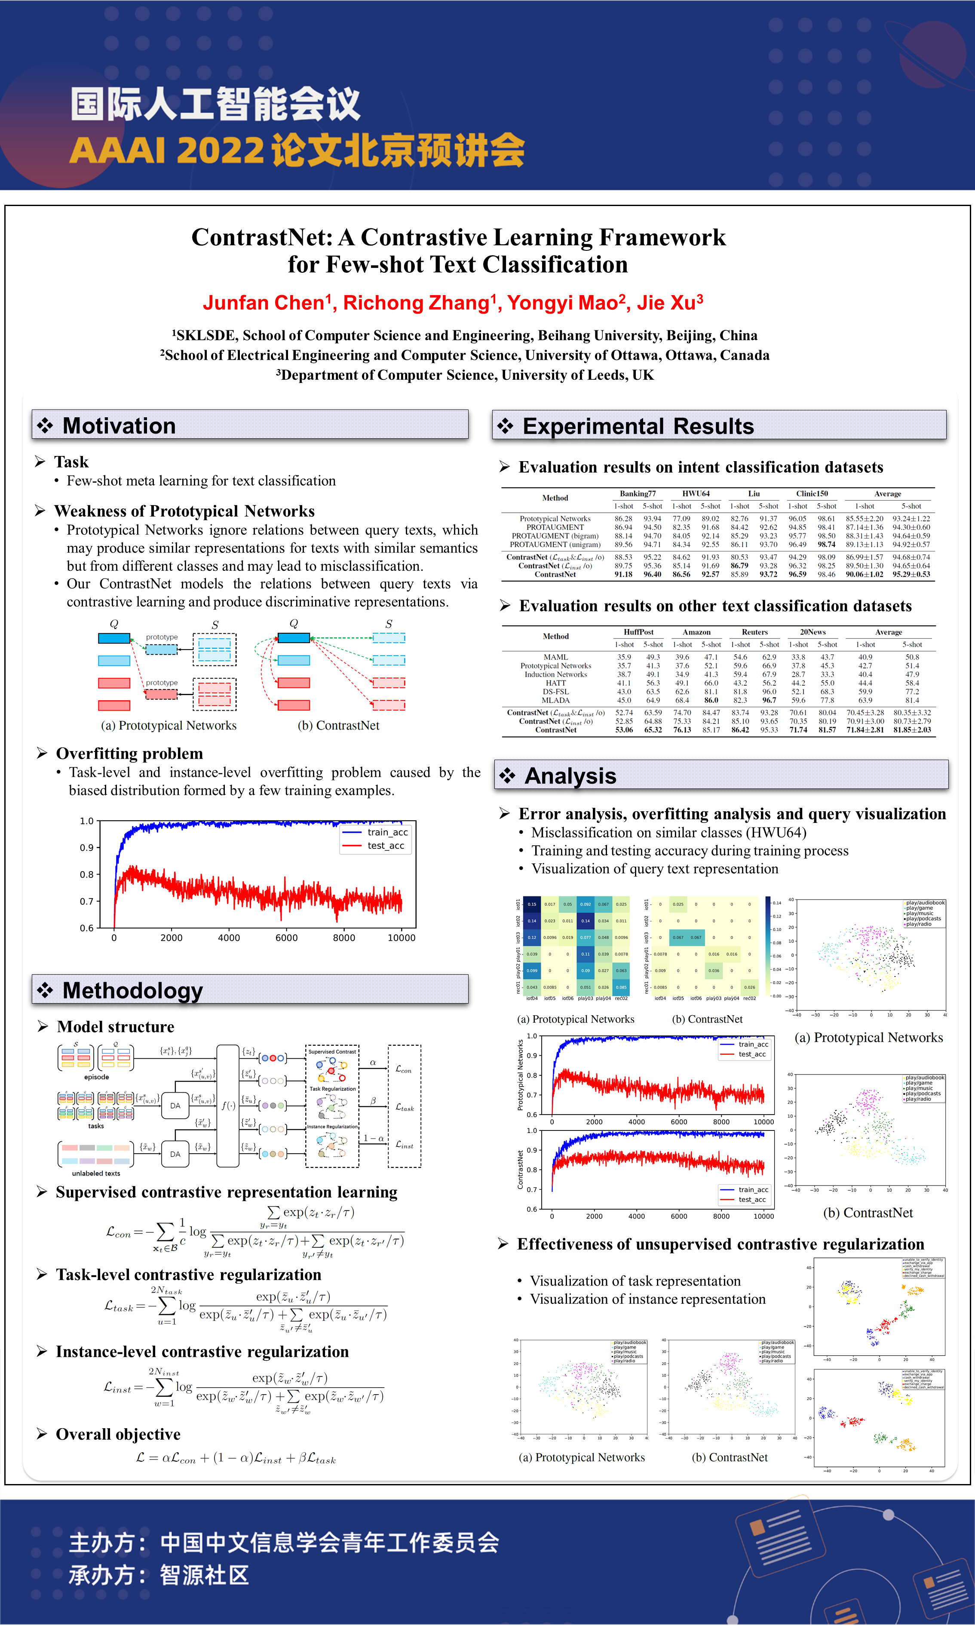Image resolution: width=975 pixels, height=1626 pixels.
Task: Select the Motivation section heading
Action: click(x=119, y=426)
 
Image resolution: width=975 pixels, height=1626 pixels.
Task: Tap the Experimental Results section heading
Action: click(x=638, y=427)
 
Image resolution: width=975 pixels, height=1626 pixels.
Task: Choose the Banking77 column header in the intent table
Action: click(x=637, y=493)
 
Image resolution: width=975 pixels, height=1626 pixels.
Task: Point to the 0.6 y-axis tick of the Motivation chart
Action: click(x=87, y=928)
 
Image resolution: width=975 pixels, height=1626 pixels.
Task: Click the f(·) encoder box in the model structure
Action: click(x=228, y=1106)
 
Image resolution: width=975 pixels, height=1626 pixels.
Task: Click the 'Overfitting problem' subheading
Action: click(x=129, y=754)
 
